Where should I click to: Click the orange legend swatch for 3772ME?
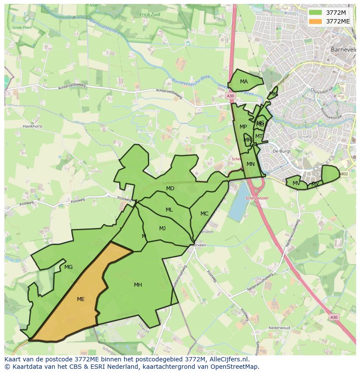coord(316,21)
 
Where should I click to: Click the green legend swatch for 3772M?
coord(316,13)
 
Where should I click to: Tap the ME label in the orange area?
coord(80,299)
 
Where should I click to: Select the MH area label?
coord(138,285)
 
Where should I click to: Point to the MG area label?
coord(68,267)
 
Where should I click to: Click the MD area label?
coord(170,189)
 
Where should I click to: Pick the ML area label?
coord(169,210)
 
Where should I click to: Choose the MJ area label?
coord(162,228)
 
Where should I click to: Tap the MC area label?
coord(204,214)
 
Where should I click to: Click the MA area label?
coord(244,82)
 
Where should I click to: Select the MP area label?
coord(243,127)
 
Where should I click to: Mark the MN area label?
coord(250,164)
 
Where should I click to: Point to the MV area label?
coord(296,183)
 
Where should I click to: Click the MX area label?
coord(315,185)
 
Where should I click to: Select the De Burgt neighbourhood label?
coord(281,151)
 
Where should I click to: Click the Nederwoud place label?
coord(279,328)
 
